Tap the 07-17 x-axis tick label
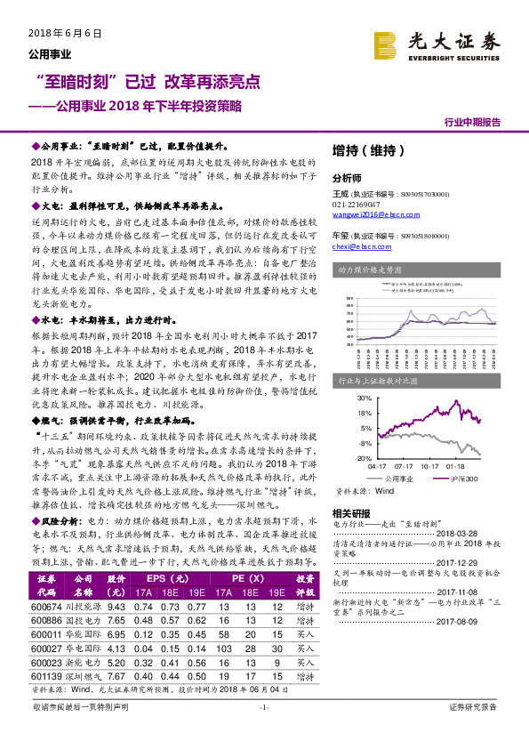[x=405, y=464]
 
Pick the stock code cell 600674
[x=46, y=606]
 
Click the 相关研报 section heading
[x=350, y=513]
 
